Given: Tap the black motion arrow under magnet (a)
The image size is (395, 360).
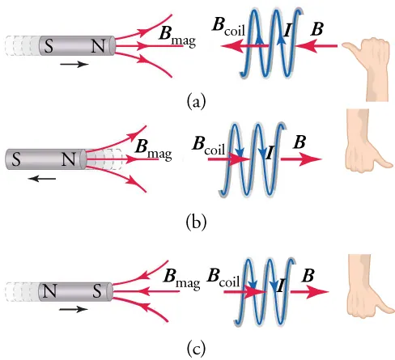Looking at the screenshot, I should click(73, 65).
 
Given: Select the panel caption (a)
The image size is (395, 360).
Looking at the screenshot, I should click(197, 100).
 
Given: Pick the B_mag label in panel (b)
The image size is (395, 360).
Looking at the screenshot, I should click(153, 149).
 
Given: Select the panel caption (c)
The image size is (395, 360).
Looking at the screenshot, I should click(197, 348).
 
